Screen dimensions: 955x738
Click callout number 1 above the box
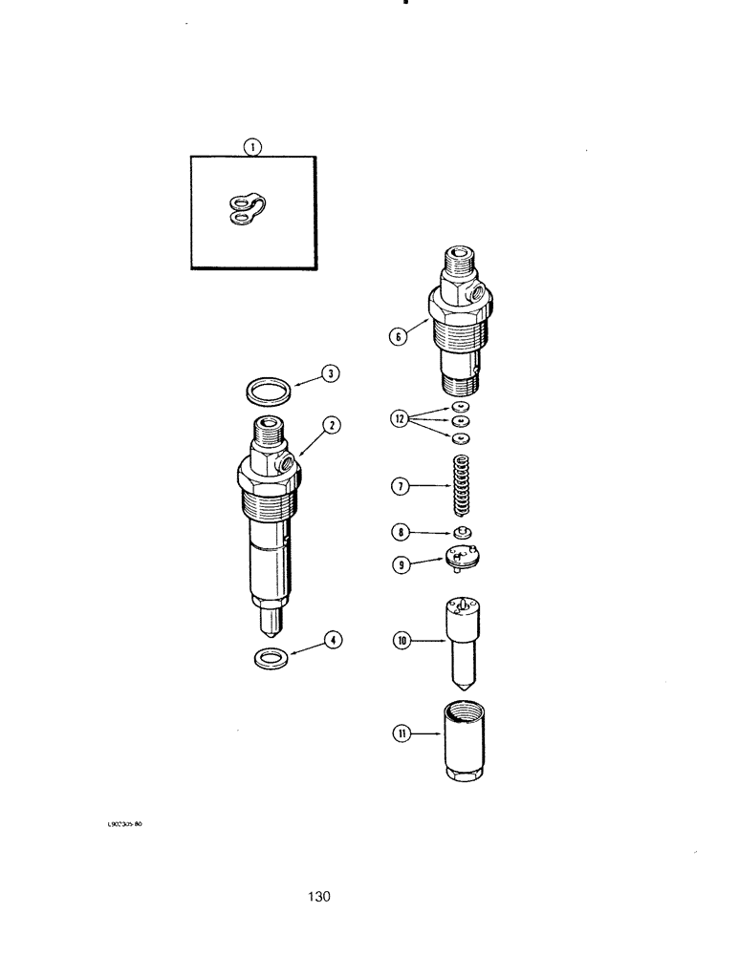pos(252,147)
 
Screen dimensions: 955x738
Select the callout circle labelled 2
pos(331,426)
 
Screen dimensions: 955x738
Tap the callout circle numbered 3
pos(329,373)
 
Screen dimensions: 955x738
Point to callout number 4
pos(332,641)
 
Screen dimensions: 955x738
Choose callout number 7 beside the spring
pos(400,486)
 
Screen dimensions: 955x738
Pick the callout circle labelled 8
pos(400,532)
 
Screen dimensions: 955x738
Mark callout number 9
pos(400,565)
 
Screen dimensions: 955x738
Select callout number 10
pos(400,642)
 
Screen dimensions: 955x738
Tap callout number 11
pos(400,733)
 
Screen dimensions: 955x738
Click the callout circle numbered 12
pos(399,417)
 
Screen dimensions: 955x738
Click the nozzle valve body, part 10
pos(463,640)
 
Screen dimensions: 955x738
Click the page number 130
pos(319,897)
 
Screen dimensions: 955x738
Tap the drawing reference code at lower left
pos(124,822)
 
